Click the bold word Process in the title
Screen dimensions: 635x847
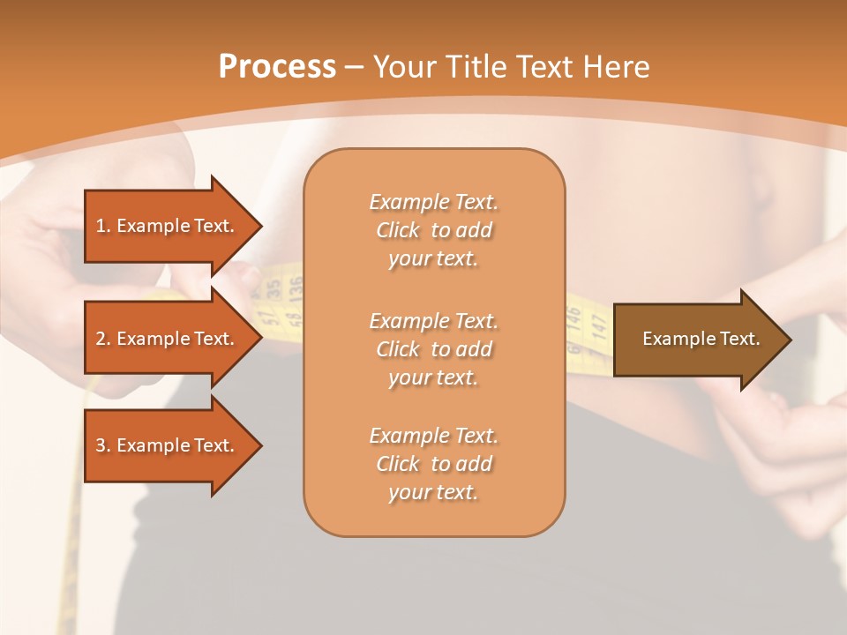276,67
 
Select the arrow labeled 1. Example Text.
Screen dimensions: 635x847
168,226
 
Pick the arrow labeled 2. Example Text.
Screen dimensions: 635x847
168,339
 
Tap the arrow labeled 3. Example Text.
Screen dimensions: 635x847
168,445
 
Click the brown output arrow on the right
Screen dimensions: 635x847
697,339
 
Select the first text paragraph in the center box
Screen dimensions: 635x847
433,230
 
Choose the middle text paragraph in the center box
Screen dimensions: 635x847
433,348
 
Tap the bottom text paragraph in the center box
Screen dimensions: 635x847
433,464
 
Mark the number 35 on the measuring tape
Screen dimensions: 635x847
274,288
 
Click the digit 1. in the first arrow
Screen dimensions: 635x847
102,226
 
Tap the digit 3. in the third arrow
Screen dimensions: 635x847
102,445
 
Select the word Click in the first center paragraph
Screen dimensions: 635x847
397,230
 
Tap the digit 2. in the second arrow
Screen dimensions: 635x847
102,339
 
